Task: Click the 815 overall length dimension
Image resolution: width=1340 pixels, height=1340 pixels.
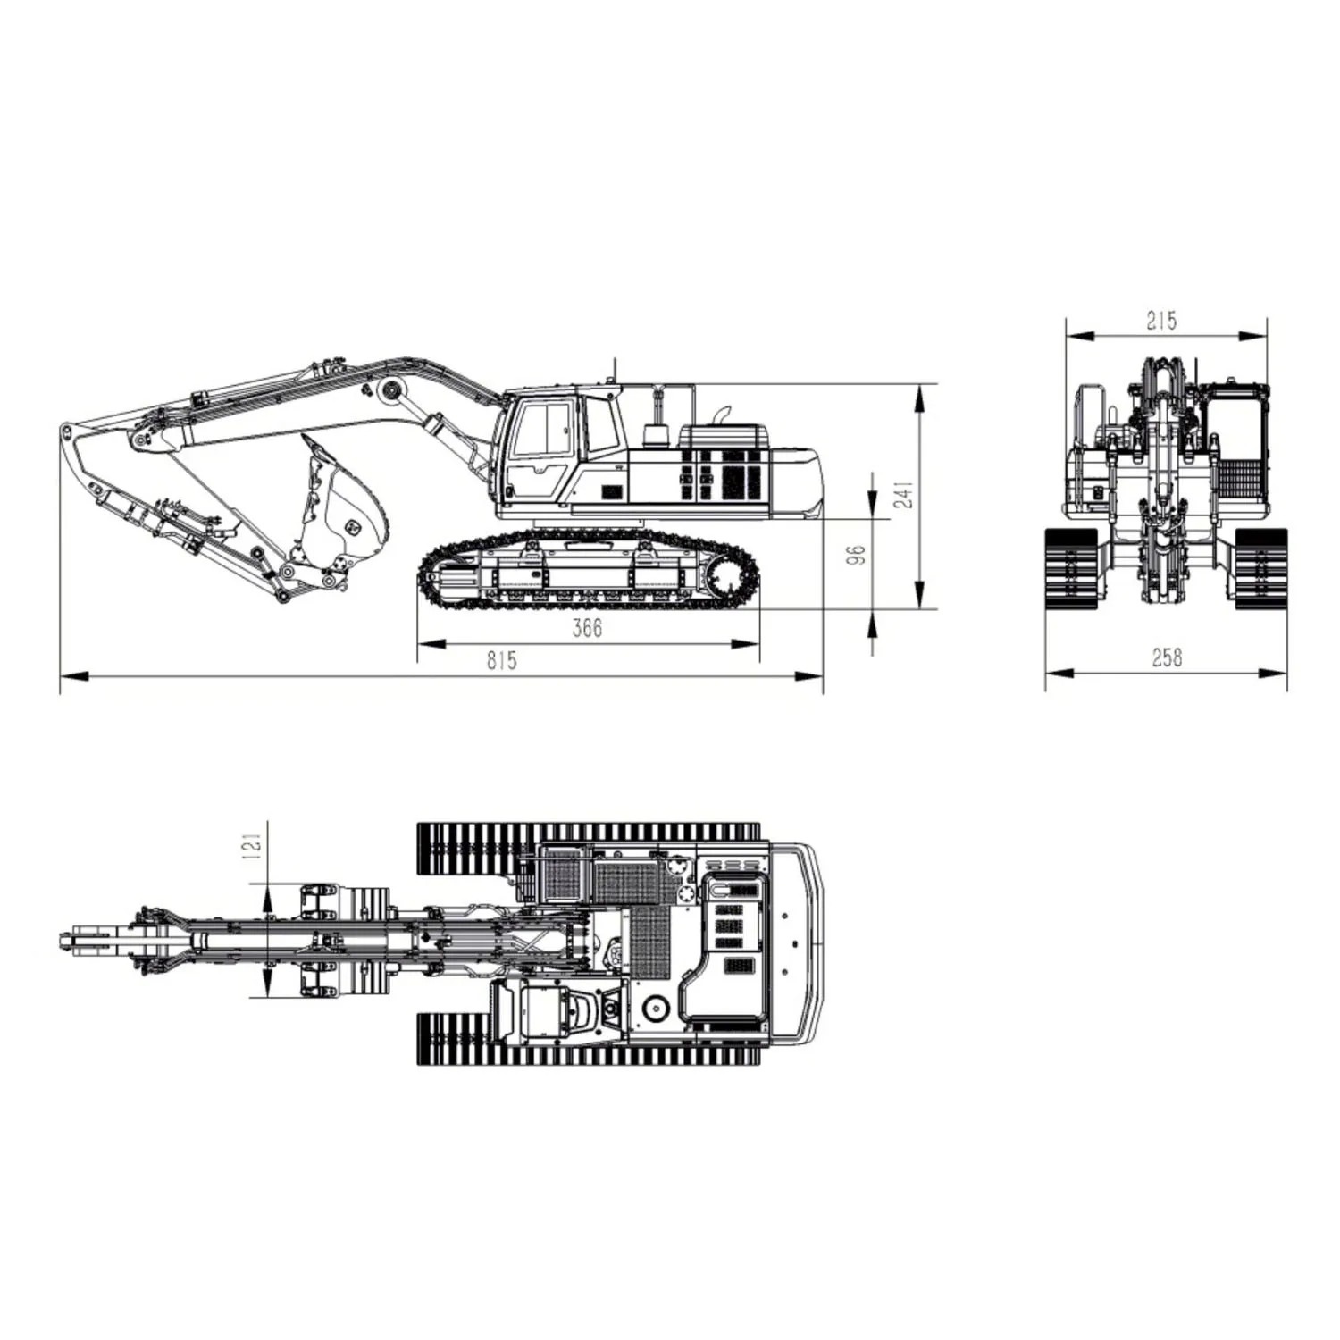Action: [501, 660]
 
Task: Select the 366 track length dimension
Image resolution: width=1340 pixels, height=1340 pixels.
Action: [587, 628]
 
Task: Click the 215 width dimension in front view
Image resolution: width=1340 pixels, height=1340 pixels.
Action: [1161, 320]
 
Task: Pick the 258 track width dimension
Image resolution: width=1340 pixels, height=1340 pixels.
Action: [1167, 657]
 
